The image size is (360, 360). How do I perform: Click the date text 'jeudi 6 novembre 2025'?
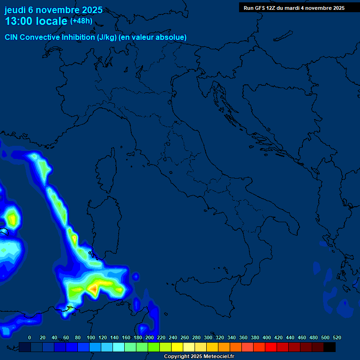point(53,10)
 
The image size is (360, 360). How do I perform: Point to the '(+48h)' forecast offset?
point(81,21)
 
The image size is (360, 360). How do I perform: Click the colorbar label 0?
point(30,337)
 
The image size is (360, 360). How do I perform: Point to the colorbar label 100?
point(91,337)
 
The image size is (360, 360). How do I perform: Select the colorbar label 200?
point(150,337)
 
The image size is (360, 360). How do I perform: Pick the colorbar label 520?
point(337,337)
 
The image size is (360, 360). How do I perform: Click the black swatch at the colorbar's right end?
point(330,347)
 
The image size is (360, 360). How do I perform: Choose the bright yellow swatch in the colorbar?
point(177,347)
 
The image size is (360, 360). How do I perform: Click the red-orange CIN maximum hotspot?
point(94,288)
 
